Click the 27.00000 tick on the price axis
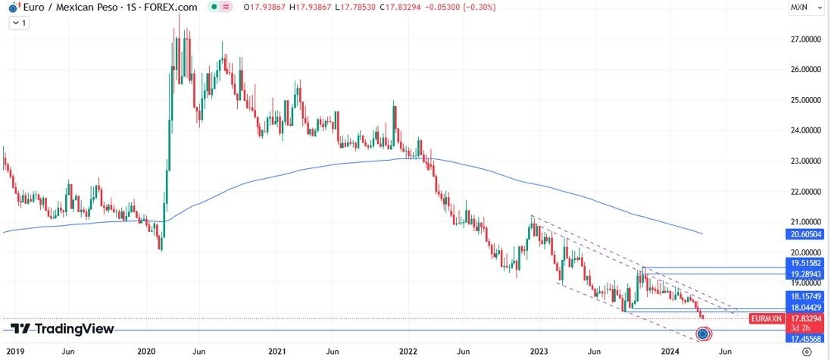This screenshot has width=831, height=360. [807, 39]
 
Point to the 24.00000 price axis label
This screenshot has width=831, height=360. [807, 130]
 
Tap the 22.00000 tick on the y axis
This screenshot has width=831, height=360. [807, 192]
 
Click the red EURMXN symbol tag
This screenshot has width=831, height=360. [766, 319]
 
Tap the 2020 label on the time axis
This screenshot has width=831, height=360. [146, 352]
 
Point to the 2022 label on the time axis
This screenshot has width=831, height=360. [408, 352]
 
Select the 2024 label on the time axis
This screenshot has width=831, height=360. [670, 352]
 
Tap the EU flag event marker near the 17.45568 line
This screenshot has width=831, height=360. [704, 333]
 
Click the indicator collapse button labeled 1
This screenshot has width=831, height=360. [18, 23]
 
